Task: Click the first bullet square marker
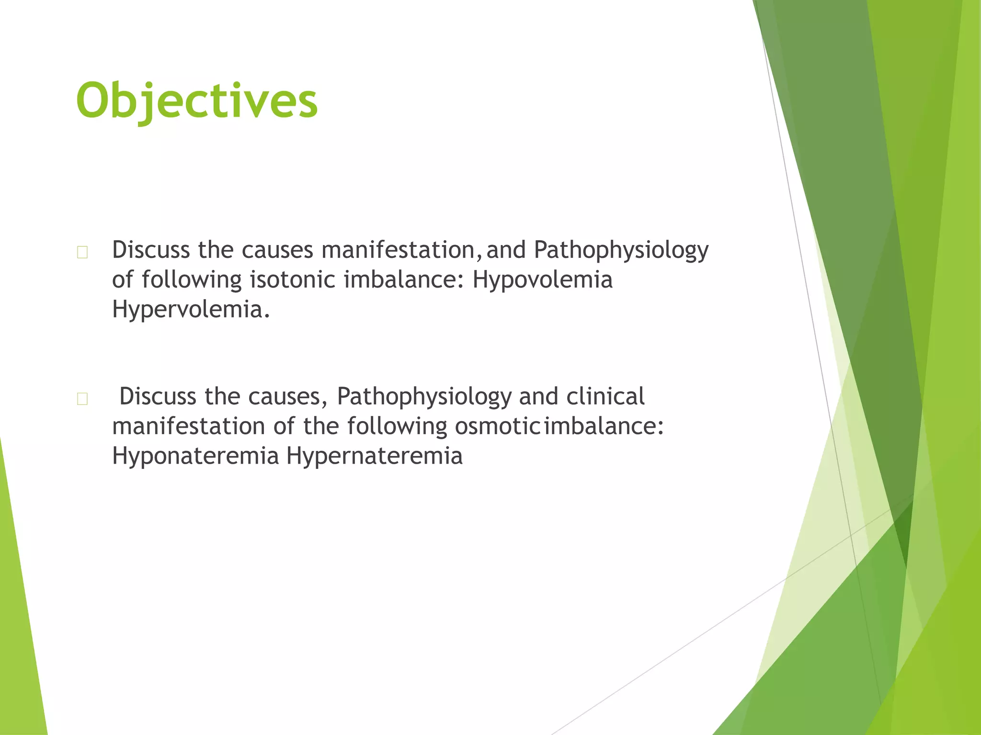coord(82,252)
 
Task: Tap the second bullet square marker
coord(82,399)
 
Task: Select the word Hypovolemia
coord(542,280)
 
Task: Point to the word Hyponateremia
coord(195,456)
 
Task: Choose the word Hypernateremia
coord(374,456)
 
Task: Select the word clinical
coord(605,397)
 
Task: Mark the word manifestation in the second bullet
coord(188,426)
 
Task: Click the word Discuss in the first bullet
coord(151,250)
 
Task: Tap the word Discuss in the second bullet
coord(158,397)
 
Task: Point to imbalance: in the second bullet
coord(604,426)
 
